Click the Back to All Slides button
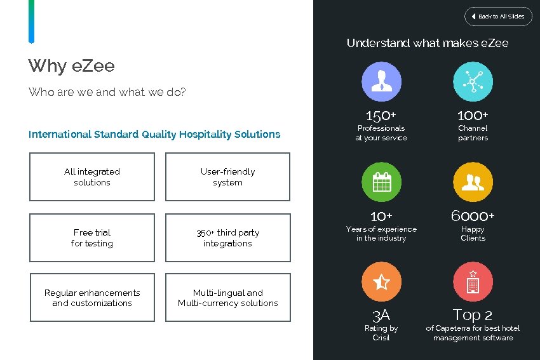click(498, 16)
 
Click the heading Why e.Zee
click(71, 66)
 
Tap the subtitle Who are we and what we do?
click(107, 92)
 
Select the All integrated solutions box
click(92, 177)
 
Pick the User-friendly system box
click(227, 177)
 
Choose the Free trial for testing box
click(92, 237)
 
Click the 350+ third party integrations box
click(227, 237)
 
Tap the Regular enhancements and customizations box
click(92, 298)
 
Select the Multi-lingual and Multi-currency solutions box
click(227, 298)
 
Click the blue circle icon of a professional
click(381, 81)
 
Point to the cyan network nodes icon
click(473, 81)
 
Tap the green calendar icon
click(381, 182)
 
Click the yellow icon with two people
click(473, 182)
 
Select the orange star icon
click(381, 282)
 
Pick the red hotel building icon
click(473, 282)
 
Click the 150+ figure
click(381, 116)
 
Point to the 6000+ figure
click(473, 216)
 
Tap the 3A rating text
click(381, 315)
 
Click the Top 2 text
click(473, 315)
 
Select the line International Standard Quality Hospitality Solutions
click(154, 134)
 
